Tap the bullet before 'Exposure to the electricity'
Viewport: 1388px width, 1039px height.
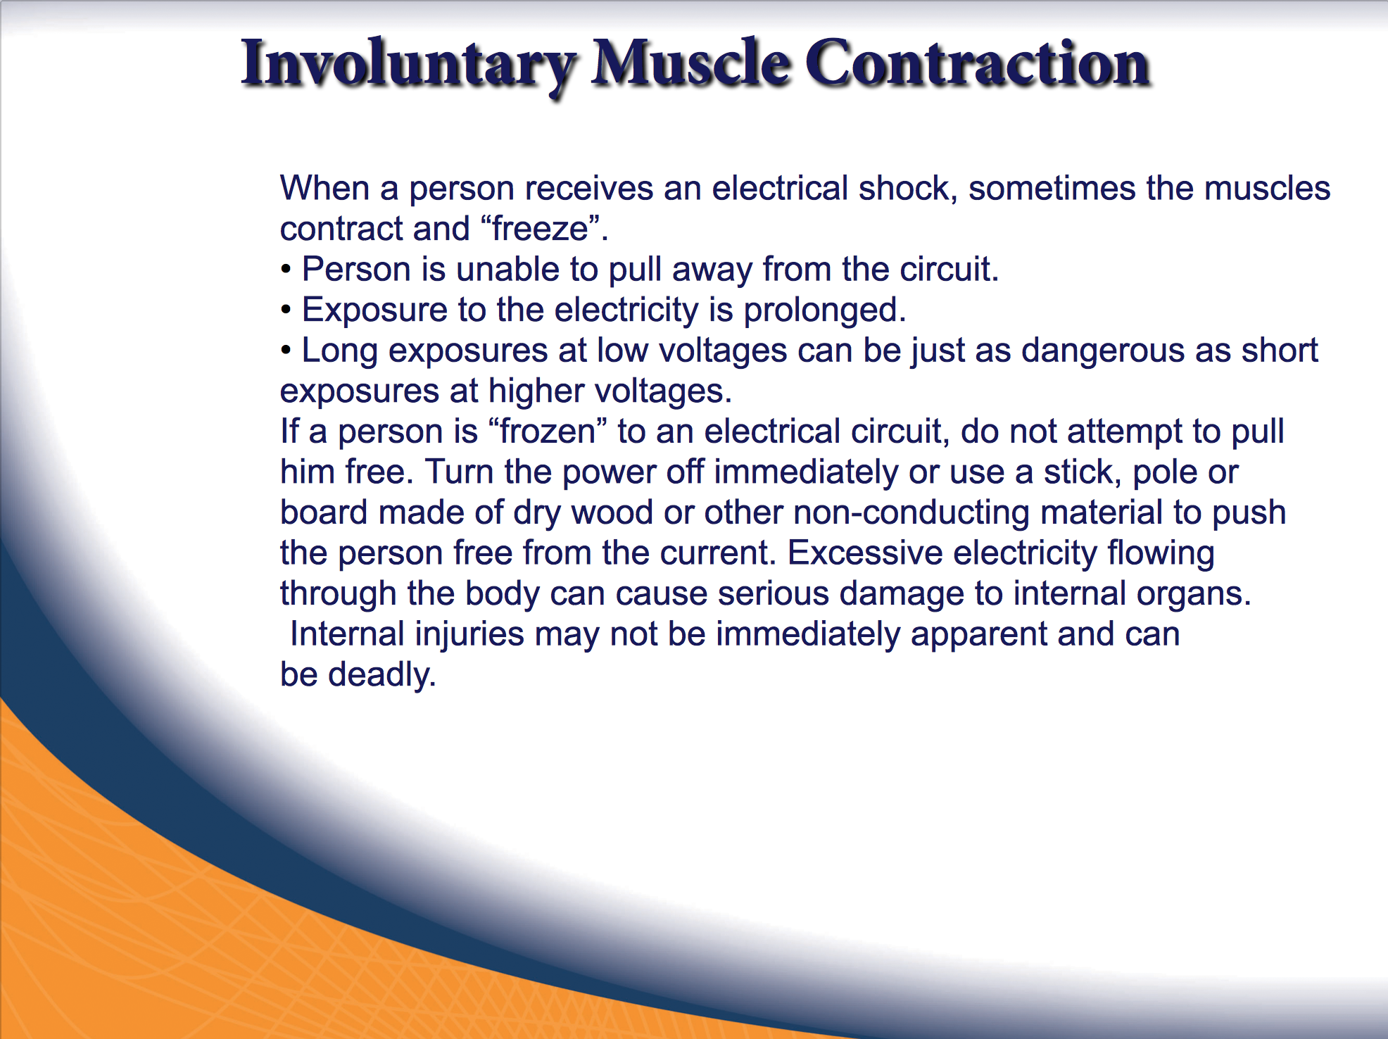[x=286, y=310]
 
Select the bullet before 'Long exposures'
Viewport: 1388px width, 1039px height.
[x=286, y=351]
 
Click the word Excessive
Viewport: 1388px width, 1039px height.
[x=865, y=553]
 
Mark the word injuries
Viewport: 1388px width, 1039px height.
[x=469, y=635]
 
